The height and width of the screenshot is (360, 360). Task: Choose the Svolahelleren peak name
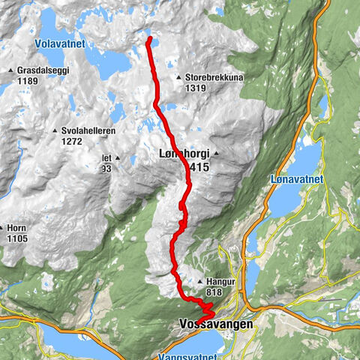pyautogui.click(x=88, y=131)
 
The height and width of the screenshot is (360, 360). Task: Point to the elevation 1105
pyautogui.click(x=16, y=238)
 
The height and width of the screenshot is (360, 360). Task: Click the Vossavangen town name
pyautogui.click(x=217, y=325)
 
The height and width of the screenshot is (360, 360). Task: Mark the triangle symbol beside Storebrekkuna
pyautogui.click(x=178, y=77)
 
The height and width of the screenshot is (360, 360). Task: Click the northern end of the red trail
pyautogui.click(x=149, y=38)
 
